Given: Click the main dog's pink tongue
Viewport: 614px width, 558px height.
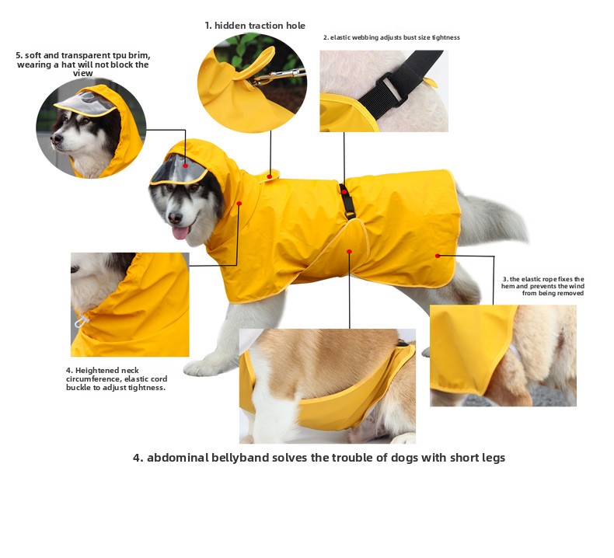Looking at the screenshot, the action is pyautogui.click(x=180, y=232).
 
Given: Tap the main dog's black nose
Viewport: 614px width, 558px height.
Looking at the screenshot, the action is pyautogui.click(x=175, y=218).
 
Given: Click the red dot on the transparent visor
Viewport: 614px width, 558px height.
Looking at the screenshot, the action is pyautogui.click(x=186, y=166).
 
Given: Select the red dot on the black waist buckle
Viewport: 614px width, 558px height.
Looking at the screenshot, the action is pyautogui.click(x=344, y=192).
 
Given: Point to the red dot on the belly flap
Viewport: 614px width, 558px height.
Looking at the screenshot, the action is pyautogui.click(x=349, y=251).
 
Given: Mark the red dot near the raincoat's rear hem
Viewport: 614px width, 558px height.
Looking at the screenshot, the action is pyautogui.click(x=438, y=256).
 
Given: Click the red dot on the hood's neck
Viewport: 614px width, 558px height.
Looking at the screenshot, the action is pyautogui.click(x=239, y=204).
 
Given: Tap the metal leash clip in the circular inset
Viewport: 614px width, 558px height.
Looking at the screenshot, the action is pyautogui.click(x=279, y=76).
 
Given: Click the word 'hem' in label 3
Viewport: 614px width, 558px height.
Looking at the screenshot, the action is pyautogui.click(x=508, y=286).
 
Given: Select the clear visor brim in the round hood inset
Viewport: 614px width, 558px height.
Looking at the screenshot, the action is pyautogui.click(x=85, y=103).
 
